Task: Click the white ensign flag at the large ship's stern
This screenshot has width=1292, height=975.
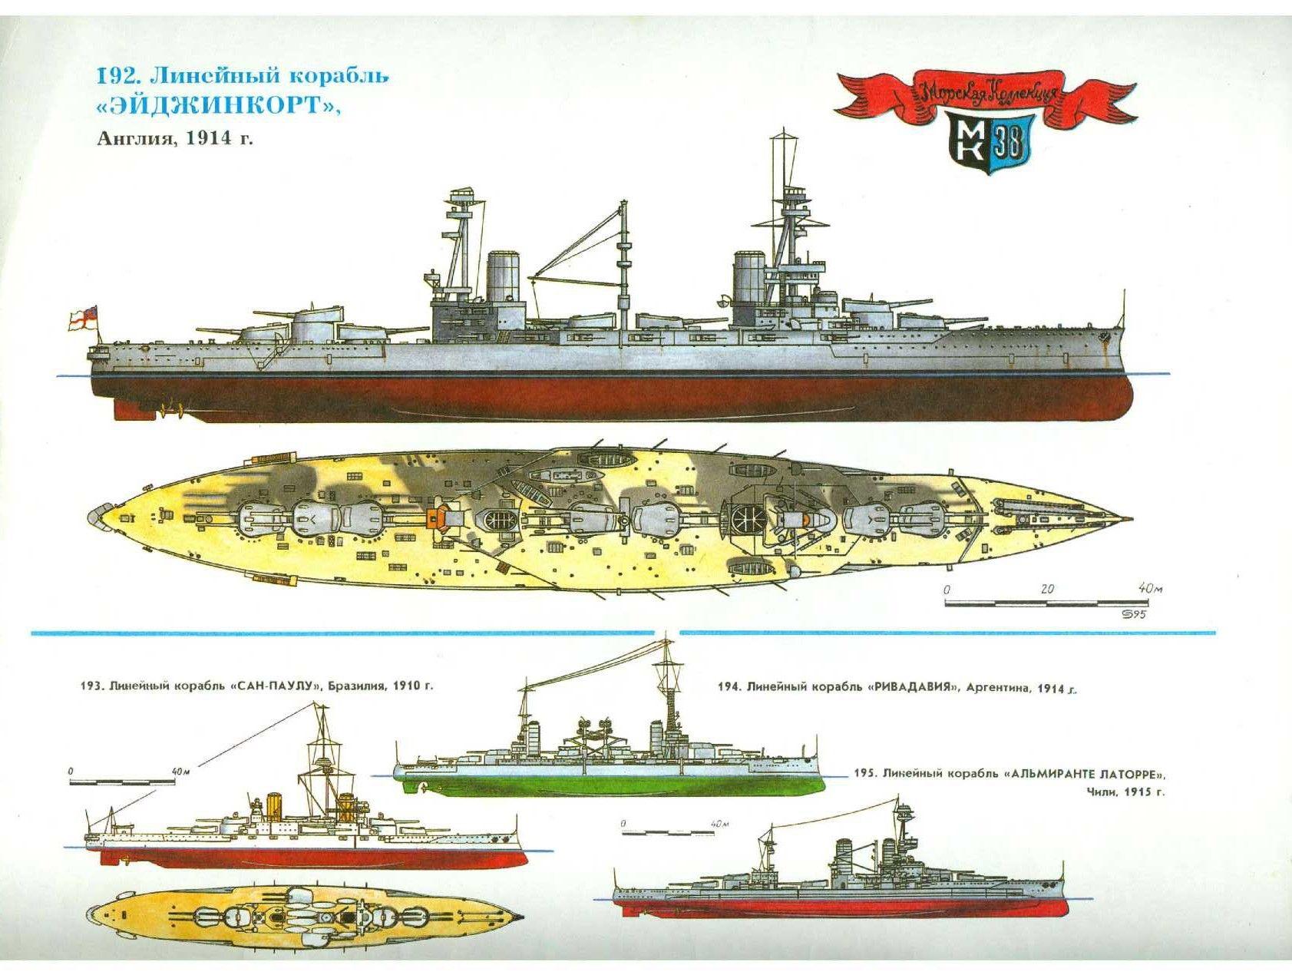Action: pos(82,321)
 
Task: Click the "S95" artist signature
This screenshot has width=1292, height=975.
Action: pos(1137,613)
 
